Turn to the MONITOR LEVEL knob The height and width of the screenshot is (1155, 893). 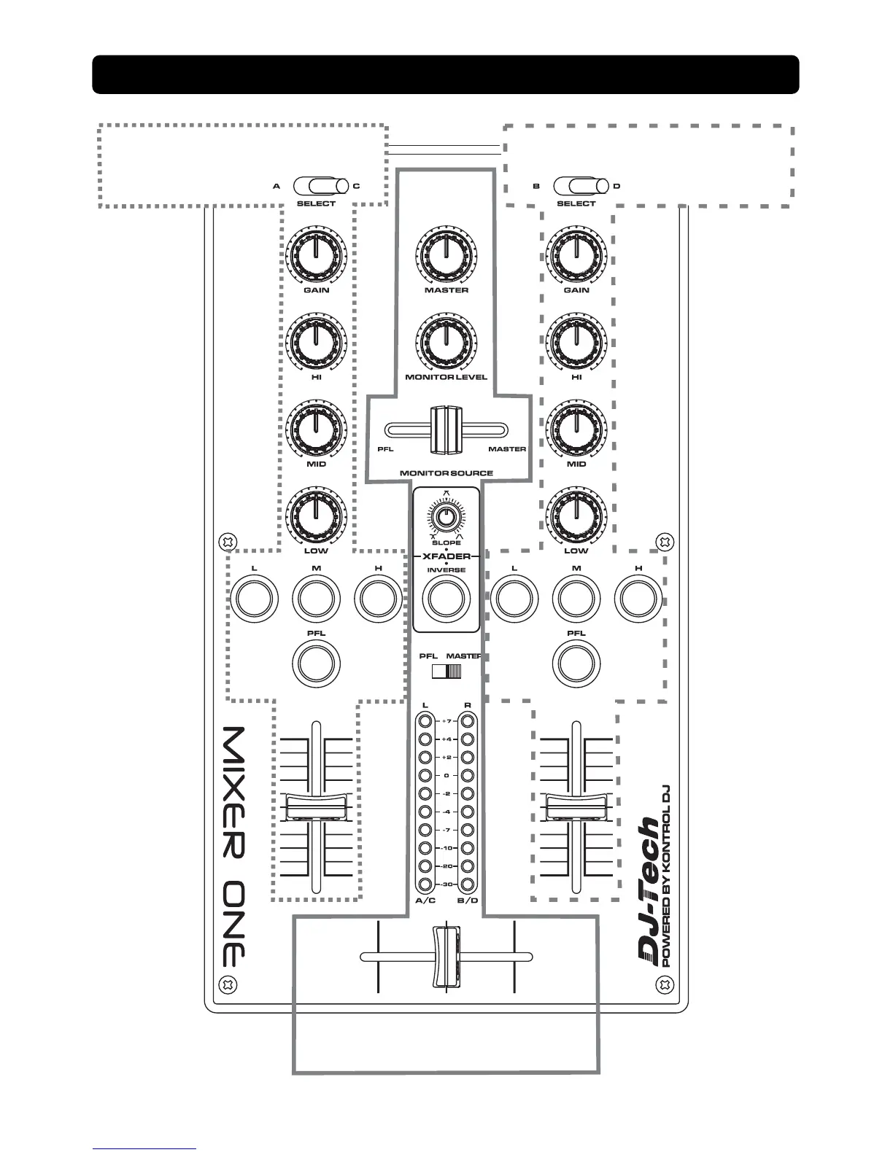(446, 341)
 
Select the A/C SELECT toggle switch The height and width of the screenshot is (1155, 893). (316, 187)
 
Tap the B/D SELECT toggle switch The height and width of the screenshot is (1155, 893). (576, 187)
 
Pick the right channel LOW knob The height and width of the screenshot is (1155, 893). (576, 515)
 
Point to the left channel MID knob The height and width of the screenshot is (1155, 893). (316, 428)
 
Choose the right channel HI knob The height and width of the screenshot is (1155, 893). (576, 341)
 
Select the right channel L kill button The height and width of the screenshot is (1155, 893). (514, 599)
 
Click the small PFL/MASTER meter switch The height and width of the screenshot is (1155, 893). (446, 671)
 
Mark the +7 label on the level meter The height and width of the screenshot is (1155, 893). (446, 721)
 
